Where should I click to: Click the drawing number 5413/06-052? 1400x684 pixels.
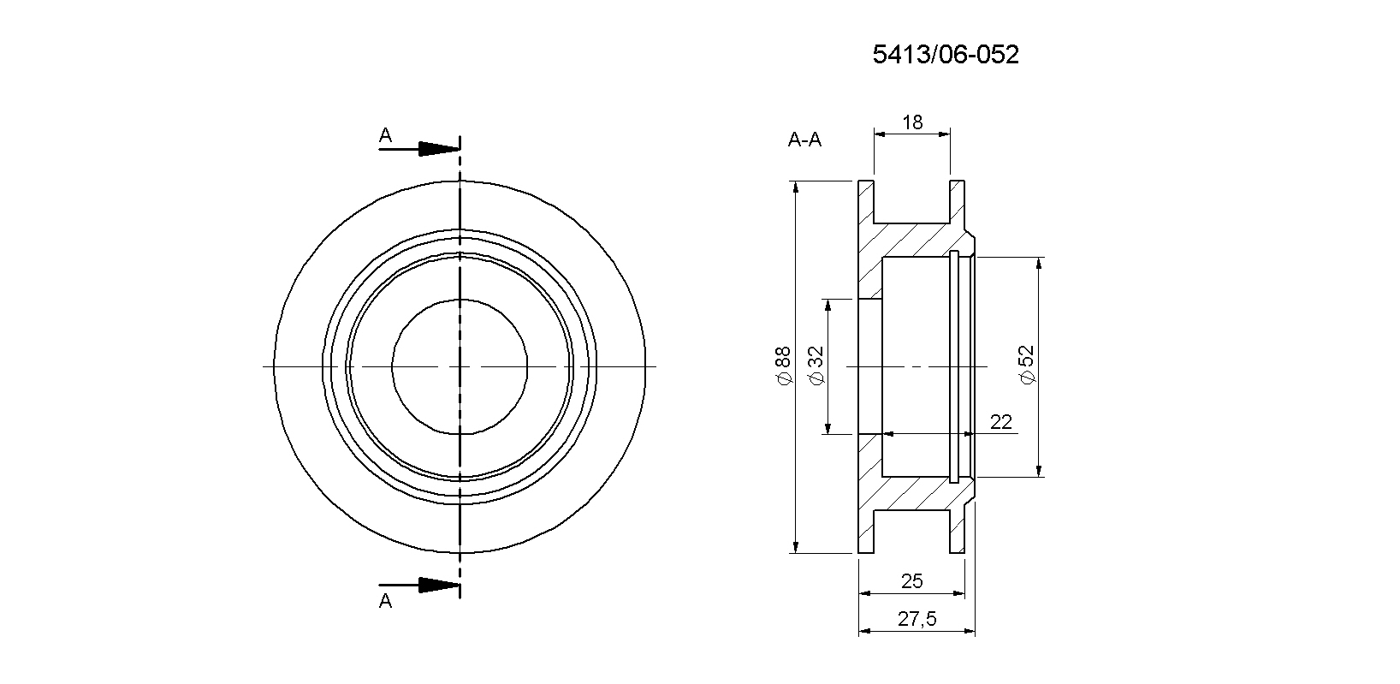946,55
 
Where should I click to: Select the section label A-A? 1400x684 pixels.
804,140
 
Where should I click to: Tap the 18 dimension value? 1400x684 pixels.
912,122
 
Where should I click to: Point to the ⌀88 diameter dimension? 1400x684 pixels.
782,366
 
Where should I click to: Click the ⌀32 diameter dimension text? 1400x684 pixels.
816,366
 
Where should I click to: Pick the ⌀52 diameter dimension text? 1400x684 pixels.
1026,366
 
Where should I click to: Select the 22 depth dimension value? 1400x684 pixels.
1000,423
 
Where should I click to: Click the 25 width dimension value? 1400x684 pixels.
912,581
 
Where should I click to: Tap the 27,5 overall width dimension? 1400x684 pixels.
917,619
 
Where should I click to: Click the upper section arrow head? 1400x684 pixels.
439,149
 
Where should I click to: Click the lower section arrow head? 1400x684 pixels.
439,586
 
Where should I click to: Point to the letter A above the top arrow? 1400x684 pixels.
386,135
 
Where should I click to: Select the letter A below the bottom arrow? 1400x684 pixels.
386,601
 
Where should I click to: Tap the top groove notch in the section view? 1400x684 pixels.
912,201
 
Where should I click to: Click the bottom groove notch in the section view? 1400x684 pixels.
912,532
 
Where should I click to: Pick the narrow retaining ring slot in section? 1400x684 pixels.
954,366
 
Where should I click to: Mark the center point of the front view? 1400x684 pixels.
460,366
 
